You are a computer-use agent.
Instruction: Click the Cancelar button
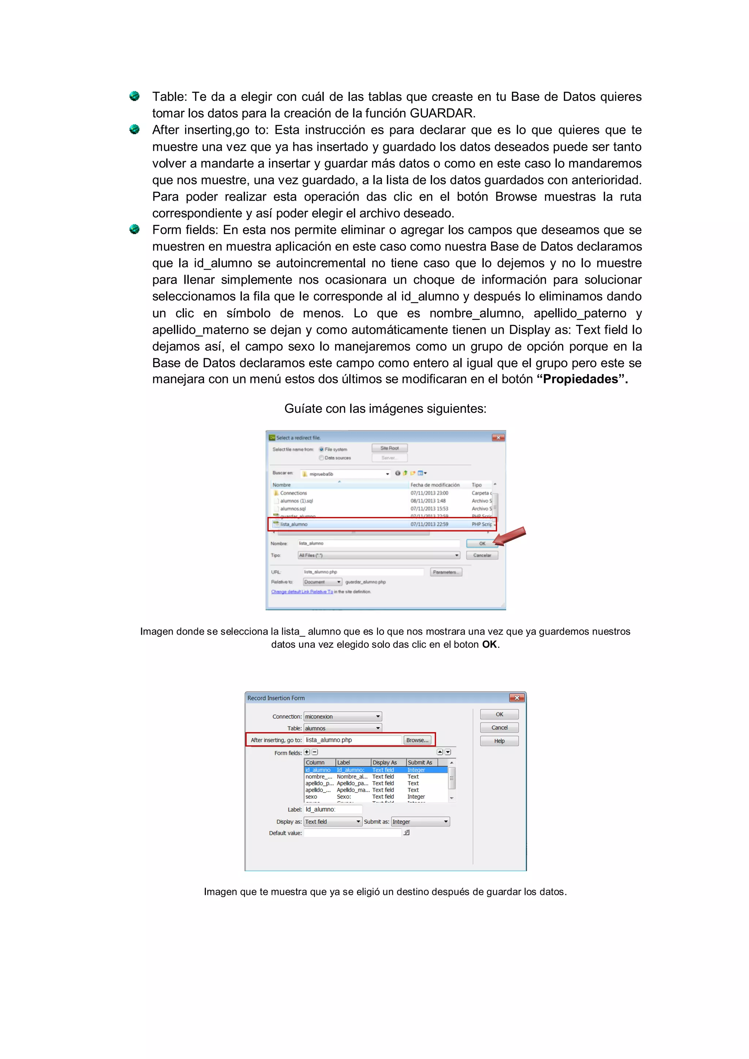pyautogui.click(x=482, y=555)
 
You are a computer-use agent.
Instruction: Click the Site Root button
pyautogui.click(x=389, y=448)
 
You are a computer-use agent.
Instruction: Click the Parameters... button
pyautogui.click(x=445, y=572)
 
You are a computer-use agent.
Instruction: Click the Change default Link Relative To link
pyautogui.click(x=302, y=592)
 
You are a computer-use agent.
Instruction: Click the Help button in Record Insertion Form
pyautogui.click(x=499, y=741)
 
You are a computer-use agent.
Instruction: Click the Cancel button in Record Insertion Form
pyautogui.click(x=499, y=727)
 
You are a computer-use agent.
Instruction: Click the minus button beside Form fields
pyautogui.click(x=315, y=752)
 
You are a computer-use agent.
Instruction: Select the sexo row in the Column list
pyautogui.click(x=312, y=797)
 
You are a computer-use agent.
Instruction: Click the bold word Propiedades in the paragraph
pyautogui.click(x=580, y=379)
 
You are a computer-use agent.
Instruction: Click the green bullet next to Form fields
pyautogui.click(x=134, y=229)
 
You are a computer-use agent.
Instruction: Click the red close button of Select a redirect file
pyautogui.click(x=498, y=437)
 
